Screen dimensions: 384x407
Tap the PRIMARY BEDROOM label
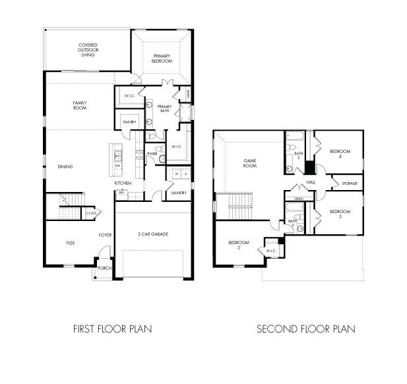(162, 58)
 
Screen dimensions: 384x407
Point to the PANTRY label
(129, 122)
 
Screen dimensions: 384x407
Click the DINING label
(65, 166)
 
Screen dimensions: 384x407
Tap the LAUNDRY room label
(178, 193)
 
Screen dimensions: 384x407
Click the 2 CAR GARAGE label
(153, 234)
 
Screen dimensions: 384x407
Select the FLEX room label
(71, 243)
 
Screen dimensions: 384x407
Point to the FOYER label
(105, 235)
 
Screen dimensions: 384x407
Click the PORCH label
(104, 269)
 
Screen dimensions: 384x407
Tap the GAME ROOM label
(250, 164)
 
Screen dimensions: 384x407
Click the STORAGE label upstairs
(350, 183)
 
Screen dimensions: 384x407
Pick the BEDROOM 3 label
(339, 214)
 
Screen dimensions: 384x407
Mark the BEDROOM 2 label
(237, 245)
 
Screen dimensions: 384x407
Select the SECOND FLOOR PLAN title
(305, 328)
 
